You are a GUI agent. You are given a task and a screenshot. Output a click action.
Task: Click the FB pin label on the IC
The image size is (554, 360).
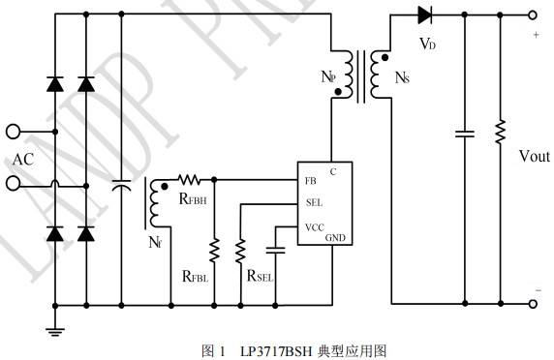click(x=310, y=181)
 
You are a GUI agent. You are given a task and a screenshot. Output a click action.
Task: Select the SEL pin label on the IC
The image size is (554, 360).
click(x=314, y=202)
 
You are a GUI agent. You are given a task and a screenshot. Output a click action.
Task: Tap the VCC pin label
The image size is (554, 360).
click(x=315, y=227)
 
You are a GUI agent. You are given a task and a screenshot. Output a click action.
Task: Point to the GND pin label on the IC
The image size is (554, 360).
click(x=335, y=238)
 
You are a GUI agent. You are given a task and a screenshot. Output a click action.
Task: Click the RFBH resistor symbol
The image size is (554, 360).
click(x=189, y=180)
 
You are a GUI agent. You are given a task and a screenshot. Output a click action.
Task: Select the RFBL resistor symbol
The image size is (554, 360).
click(x=214, y=251)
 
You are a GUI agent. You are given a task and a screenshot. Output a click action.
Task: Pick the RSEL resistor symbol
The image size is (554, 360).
click(x=240, y=251)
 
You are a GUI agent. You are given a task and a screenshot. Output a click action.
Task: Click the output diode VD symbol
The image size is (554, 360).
click(x=424, y=15)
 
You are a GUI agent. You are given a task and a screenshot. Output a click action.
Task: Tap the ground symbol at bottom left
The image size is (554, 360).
click(x=55, y=332)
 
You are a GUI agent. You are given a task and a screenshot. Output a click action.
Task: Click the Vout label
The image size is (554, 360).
click(x=535, y=156)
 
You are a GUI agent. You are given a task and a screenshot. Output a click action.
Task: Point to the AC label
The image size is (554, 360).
click(x=23, y=160)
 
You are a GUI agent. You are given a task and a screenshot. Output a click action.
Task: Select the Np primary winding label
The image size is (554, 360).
click(x=328, y=76)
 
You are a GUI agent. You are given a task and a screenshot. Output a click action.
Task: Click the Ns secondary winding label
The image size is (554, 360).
click(x=402, y=77)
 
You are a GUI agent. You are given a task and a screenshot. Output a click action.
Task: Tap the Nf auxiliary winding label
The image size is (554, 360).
click(x=155, y=243)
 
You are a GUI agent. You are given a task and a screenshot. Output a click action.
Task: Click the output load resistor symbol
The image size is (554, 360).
click(x=501, y=132)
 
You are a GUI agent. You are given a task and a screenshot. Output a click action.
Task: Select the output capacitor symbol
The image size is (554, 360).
click(x=465, y=134)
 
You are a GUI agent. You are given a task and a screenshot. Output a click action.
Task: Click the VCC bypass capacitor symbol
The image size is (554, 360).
click(x=276, y=251)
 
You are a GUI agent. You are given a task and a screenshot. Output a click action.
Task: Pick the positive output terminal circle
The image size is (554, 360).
click(x=533, y=15)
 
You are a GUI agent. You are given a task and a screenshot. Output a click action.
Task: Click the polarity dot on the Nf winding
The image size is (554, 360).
click(x=164, y=187)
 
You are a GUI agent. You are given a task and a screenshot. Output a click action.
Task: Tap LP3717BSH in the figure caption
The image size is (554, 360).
click(x=276, y=351)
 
